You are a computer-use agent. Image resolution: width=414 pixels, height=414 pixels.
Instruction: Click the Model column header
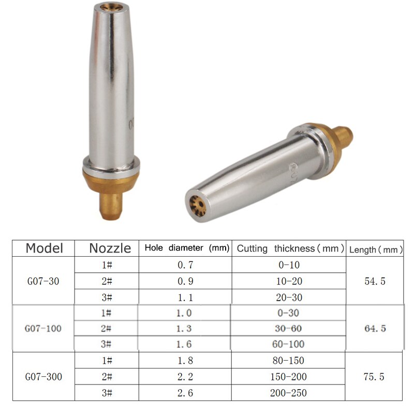44,248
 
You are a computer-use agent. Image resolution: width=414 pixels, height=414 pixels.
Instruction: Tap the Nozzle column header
110,248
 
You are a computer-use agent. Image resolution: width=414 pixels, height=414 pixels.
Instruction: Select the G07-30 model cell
43,282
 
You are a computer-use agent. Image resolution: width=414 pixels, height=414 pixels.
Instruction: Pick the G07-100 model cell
43,329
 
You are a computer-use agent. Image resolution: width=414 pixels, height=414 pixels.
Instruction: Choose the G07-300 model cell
43,376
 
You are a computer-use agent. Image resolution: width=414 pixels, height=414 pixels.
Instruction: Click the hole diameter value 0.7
185,265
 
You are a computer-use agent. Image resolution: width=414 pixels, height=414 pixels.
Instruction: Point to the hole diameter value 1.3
185,329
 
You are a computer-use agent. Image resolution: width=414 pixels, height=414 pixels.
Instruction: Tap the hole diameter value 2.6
185,393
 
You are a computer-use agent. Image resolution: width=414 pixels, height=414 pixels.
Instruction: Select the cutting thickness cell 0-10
289,265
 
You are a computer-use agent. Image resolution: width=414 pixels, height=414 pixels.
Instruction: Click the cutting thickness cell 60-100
289,344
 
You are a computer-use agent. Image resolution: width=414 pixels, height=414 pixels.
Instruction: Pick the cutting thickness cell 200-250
289,393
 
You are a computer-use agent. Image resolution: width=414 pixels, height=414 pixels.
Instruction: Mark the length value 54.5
375,282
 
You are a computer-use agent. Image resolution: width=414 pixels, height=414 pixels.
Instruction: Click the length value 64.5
375,329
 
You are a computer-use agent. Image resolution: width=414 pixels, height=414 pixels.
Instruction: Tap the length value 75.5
375,376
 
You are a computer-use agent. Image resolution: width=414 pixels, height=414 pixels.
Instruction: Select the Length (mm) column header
376,249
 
